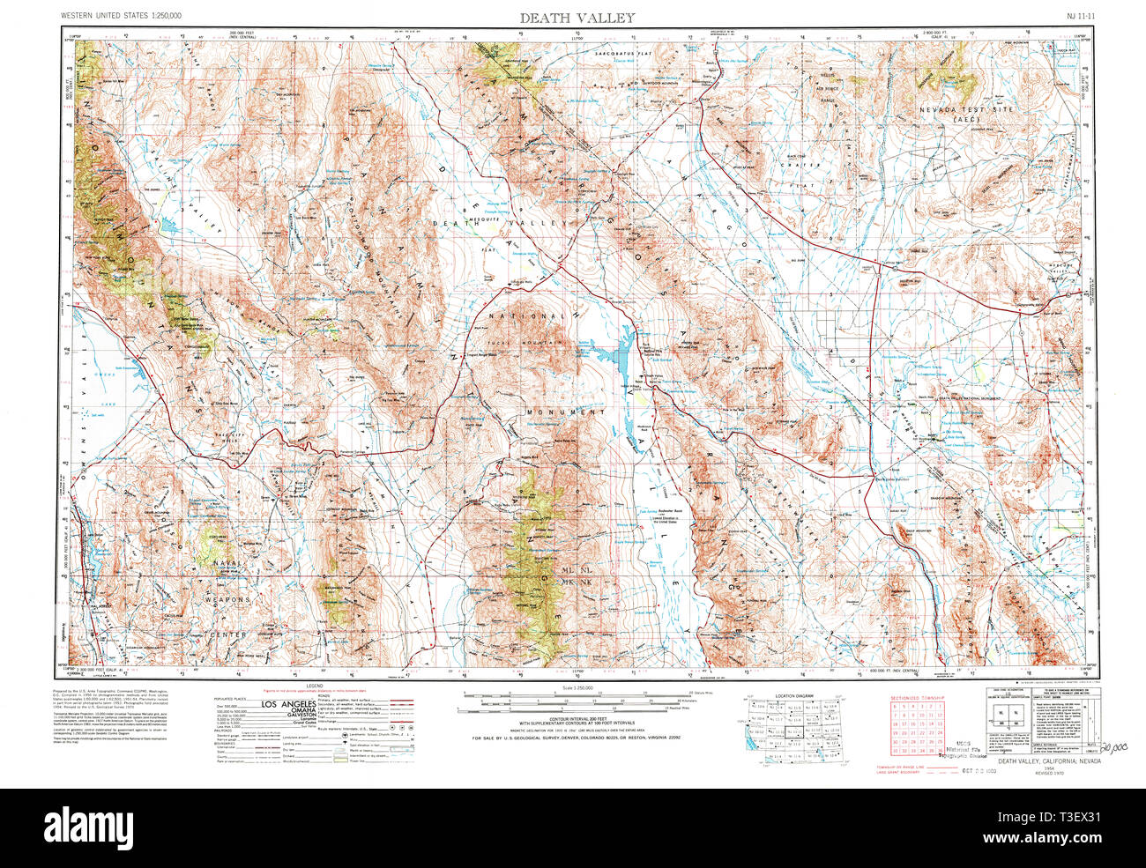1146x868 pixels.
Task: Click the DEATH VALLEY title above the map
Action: pyautogui.click(x=577, y=18)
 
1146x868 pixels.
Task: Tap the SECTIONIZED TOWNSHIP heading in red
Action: pyautogui.click(x=917, y=697)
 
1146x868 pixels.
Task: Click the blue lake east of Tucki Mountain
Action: pyautogui.click(x=599, y=357)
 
